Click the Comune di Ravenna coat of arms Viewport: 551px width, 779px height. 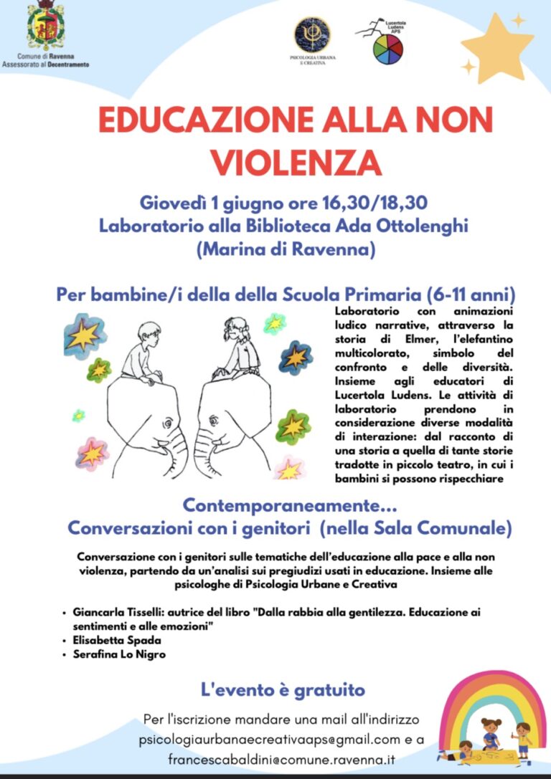pos(45,27)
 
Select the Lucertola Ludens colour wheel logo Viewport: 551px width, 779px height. pos(387,49)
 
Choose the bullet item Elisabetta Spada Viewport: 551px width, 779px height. pos(116,640)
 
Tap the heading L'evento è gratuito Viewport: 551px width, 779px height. pos(283,690)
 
